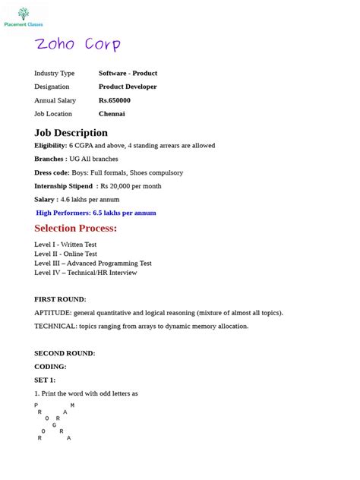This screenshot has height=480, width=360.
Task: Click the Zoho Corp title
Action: (77, 45)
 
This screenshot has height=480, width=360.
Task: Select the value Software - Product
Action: (128, 73)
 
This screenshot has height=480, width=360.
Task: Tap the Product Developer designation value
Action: (128, 87)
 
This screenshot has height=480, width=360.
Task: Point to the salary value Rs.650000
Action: (115, 100)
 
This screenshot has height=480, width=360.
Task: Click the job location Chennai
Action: (112, 114)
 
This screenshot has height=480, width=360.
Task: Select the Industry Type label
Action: (55, 73)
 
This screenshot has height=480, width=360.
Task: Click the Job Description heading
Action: (71, 133)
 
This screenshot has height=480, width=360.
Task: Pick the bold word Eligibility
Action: (51, 145)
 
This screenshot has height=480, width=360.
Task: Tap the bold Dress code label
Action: (52, 172)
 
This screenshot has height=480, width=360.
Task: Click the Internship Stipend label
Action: (65, 186)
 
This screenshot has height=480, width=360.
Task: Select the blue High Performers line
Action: (96, 213)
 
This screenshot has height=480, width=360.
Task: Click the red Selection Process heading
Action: (76, 229)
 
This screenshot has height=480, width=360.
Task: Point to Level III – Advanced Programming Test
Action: (93, 263)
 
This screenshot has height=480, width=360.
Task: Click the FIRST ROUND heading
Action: (60, 299)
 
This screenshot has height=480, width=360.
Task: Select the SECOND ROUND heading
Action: (65, 353)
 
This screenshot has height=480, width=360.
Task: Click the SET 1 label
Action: (45, 380)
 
